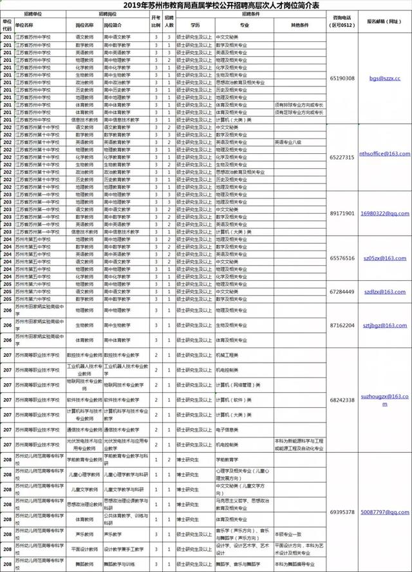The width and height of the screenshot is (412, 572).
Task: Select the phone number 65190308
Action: click(x=341, y=78)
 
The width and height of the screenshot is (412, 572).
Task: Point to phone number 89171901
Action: click(x=341, y=213)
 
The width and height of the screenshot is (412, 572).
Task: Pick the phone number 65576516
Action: click(x=341, y=258)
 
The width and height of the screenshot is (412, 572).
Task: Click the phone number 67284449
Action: click(x=341, y=292)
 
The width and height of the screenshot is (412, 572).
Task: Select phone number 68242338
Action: click(x=341, y=400)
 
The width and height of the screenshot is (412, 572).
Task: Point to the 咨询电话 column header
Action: click(x=341, y=22)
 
